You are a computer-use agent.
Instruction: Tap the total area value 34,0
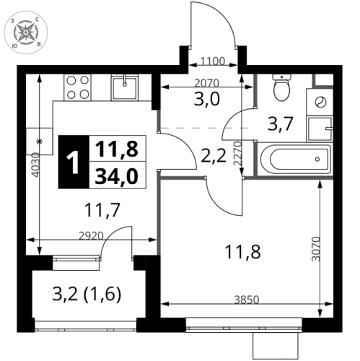(x=115, y=175)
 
